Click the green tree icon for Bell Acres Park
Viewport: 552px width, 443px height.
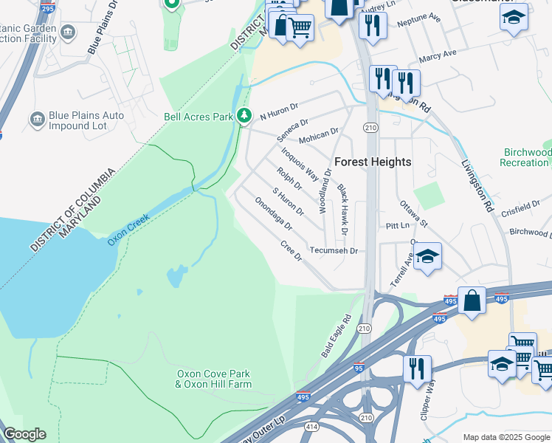(x=244, y=116)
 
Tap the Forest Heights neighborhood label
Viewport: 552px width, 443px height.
(x=373, y=162)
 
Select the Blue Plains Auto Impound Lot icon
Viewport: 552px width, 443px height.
(x=37, y=120)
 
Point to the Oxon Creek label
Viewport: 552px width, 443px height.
(x=128, y=230)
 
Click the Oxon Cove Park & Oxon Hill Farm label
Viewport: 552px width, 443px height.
(x=213, y=380)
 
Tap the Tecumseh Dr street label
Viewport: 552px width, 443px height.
(x=333, y=251)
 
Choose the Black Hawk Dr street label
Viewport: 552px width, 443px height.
(x=343, y=210)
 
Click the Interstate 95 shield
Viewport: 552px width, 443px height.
(x=359, y=367)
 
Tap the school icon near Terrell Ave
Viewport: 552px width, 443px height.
(x=427, y=256)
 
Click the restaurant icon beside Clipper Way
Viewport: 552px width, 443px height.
(x=417, y=368)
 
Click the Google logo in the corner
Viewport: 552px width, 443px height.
(x=24, y=434)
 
